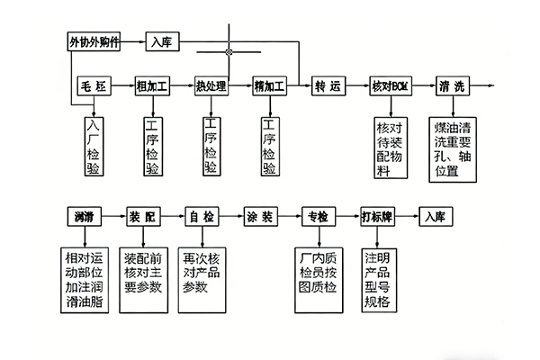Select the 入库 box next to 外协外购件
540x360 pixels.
(162, 41)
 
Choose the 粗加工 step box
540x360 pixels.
(151, 86)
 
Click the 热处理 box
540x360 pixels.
(211, 86)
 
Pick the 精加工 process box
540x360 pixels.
(269, 86)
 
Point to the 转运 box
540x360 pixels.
(329, 86)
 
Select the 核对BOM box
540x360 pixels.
(391, 86)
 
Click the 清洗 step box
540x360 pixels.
(453, 86)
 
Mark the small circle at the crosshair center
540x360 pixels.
(229, 52)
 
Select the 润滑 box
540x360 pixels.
(85, 217)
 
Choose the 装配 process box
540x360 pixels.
(142, 217)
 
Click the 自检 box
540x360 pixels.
(201, 217)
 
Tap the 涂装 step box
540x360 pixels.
(260, 217)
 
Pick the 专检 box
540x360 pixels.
(318, 217)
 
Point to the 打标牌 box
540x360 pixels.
(377, 217)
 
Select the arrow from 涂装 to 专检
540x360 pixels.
(289, 217)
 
